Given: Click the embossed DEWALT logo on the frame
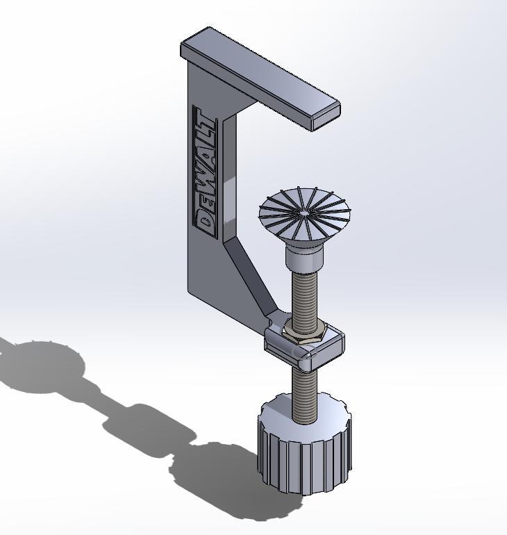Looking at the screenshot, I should tap(206, 172).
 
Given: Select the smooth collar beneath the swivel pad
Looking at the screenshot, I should tap(304, 261).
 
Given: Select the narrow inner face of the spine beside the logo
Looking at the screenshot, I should tap(228, 174).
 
